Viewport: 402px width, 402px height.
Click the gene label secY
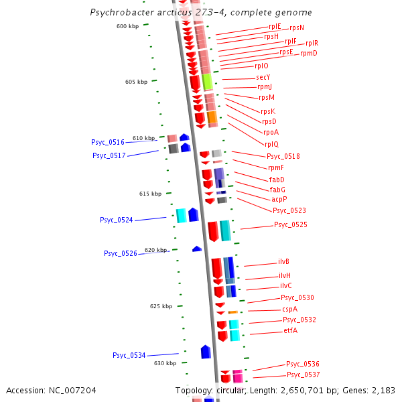coord(263,78)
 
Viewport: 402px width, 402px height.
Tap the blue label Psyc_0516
coord(108,143)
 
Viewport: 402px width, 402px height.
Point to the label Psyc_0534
coord(129,356)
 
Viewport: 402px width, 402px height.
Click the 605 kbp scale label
coord(136,82)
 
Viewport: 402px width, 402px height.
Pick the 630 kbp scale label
coord(165,363)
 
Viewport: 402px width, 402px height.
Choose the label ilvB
coord(283,262)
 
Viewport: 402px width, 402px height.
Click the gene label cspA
coord(289,310)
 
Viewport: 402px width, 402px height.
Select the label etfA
coord(290,330)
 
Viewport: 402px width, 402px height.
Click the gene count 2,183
coord(383,391)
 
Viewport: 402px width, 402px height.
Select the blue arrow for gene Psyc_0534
coord(206,352)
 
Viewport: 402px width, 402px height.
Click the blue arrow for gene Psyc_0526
coord(197,249)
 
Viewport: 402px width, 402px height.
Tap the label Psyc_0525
coord(291,225)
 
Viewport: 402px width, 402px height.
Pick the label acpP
coord(279,200)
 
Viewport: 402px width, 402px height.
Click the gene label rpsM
coord(267,97)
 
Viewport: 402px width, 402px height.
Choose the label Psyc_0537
coord(304,375)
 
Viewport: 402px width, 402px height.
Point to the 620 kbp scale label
coord(155,250)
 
